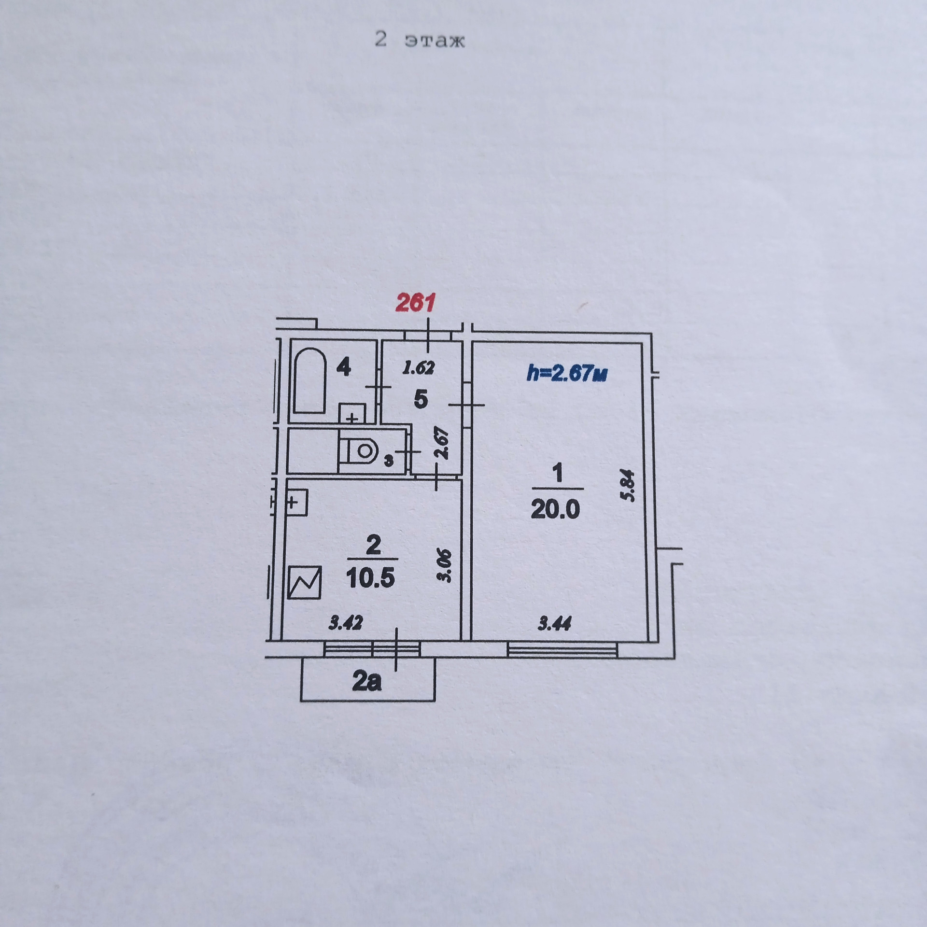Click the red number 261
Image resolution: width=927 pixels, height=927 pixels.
(x=415, y=303)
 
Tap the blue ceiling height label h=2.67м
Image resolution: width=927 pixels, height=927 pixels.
(x=567, y=373)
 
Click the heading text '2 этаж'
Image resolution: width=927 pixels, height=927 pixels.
(x=420, y=41)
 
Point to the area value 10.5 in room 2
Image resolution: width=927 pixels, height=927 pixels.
(x=371, y=577)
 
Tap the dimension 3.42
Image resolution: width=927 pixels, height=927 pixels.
(x=345, y=623)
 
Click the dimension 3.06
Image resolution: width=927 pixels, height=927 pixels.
(x=445, y=566)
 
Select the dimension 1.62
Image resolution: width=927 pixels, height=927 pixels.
(x=419, y=368)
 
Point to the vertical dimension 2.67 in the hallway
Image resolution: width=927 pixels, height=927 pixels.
(x=443, y=444)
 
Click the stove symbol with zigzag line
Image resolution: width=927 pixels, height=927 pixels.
(x=304, y=582)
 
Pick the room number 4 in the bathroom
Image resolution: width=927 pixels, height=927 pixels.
(x=343, y=368)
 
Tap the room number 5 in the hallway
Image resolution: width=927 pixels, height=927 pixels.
(x=421, y=400)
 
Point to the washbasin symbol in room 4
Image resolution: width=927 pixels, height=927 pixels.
(x=352, y=413)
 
